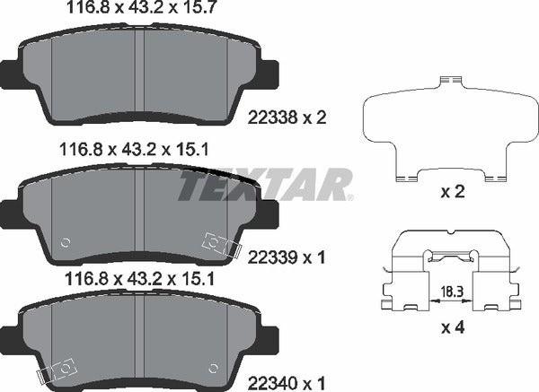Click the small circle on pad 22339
(64, 242)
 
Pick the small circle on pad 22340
(213, 367)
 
